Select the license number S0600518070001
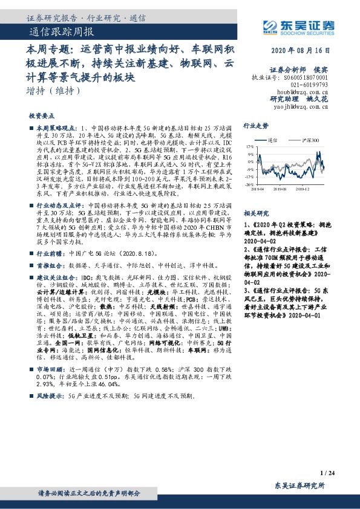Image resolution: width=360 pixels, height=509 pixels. click(x=306, y=78)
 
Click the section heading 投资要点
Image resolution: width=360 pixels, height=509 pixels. click(x=41, y=115)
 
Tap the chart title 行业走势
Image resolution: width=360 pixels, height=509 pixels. click(x=255, y=126)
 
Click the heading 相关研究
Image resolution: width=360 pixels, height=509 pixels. click(x=255, y=213)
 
